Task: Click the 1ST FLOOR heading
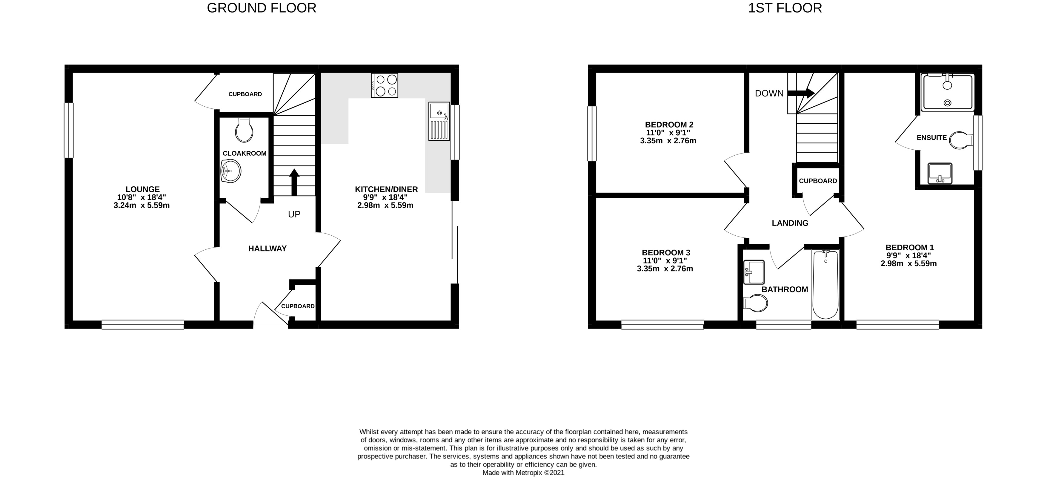point(785,8)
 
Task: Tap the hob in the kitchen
point(384,85)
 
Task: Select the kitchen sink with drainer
point(439,121)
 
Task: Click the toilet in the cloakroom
point(244,130)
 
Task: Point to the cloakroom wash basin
point(230,171)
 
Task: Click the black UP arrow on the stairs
point(294,182)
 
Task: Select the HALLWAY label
point(267,249)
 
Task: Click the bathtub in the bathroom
point(825,285)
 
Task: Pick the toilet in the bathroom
point(756,303)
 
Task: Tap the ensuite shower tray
point(947,92)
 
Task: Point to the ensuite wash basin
point(940,174)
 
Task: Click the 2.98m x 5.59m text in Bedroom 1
point(908,263)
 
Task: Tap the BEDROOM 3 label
point(666,252)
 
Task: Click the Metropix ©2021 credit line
point(523,473)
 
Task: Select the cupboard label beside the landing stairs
point(818,181)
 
